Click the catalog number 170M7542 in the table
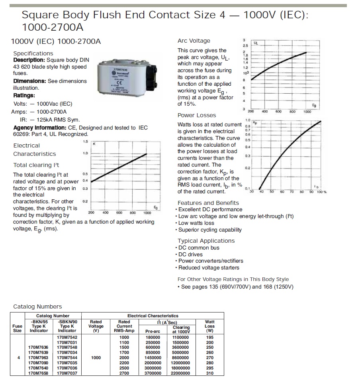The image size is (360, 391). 67,337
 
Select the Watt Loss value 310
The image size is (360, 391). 209,373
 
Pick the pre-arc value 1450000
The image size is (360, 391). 153,358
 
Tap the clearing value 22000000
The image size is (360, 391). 181,373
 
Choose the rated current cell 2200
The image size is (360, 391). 124,363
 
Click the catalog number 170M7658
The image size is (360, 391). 39,373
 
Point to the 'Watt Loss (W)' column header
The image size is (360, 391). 209,326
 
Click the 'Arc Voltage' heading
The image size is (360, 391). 194,41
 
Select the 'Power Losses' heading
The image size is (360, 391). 197,115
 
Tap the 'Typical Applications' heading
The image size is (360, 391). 206,241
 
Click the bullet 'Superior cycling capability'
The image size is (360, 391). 210,230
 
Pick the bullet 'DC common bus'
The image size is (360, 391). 199,248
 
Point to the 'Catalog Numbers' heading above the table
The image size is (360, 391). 37,307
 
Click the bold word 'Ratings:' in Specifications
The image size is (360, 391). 24,95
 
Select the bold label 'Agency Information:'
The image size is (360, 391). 40,128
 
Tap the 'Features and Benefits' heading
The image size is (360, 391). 208,202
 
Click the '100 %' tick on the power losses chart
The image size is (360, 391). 321,192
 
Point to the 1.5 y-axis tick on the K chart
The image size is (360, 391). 85,141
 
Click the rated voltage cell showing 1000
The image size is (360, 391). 96,358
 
